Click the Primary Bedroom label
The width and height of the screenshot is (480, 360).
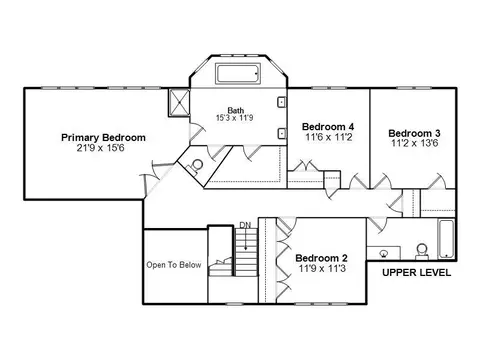pyautogui.click(x=103, y=138)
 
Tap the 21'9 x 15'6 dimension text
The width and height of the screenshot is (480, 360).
pyautogui.click(x=100, y=148)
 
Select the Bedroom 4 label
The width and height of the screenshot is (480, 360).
pyautogui.click(x=328, y=127)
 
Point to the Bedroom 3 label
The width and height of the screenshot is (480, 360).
pyautogui.click(x=414, y=133)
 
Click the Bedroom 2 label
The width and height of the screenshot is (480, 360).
pyautogui.click(x=321, y=258)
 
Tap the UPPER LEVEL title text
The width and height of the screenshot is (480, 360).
pyautogui.click(x=416, y=273)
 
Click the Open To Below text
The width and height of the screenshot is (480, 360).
pyautogui.click(x=174, y=265)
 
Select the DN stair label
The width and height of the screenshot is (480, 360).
pyautogui.click(x=245, y=225)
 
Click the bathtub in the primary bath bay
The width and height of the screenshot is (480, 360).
pyautogui.click(x=238, y=74)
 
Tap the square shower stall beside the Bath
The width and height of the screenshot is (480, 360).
pyautogui.click(x=179, y=102)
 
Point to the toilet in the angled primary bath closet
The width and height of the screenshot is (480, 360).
pyautogui.click(x=195, y=166)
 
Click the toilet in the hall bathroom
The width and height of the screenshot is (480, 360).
pyautogui.click(x=422, y=252)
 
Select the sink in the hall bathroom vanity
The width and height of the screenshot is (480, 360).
pyautogui.click(x=384, y=254)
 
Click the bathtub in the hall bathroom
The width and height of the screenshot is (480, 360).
pyautogui.click(x=446, y=239)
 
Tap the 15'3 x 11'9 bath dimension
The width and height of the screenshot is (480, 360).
pyautogui.click(x=235, y=118)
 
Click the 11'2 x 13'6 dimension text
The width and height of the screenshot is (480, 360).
pyautogui.click(x=415, y=143)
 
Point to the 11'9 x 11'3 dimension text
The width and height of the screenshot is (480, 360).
pyautogui.click(x=322, y=268)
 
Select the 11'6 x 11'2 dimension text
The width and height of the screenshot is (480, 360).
pyautogui.click(x=329, y=137)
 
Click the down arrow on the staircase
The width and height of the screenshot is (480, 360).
pyautogui.click(x=246, y=239)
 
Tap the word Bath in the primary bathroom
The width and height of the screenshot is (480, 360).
pyautogui.click(x=236, y=110)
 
